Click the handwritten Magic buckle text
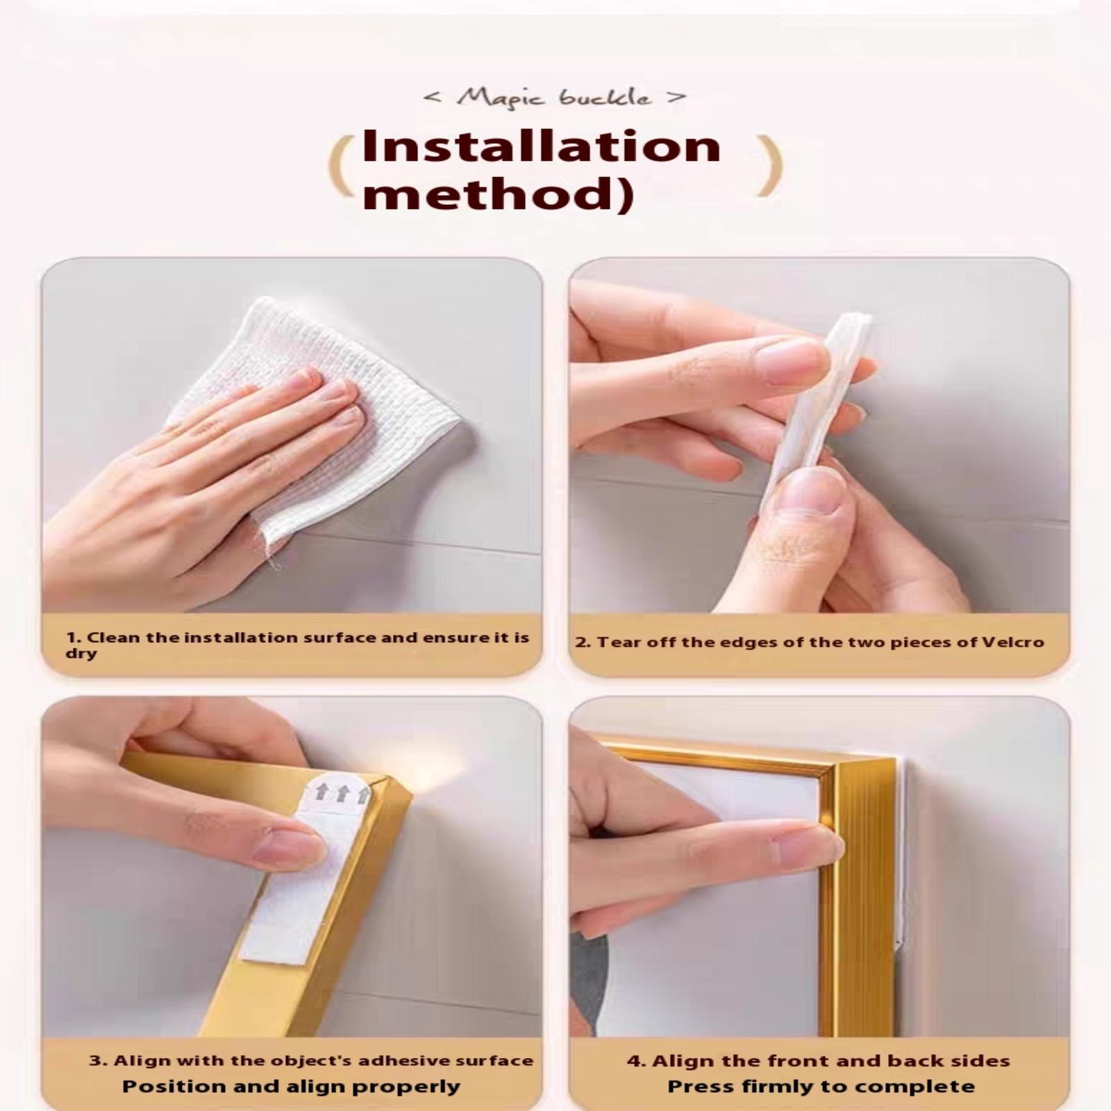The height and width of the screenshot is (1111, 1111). [x=554, y=97]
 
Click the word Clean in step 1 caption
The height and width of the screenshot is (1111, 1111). [x=114, y=637]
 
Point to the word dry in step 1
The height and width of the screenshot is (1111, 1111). [x=81, y=654]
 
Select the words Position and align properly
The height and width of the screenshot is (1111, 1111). [x=291, y=1087]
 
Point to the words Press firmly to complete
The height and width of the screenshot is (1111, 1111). [x=821, y=1087]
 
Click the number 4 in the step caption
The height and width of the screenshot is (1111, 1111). [x=633, y=1061]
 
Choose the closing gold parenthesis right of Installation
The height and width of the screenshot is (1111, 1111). [x=771, y=166]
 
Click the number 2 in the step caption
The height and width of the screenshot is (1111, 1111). [x=580, y=642]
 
